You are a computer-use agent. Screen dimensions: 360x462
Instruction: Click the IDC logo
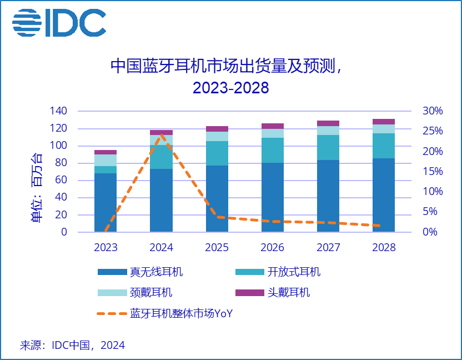coord(59,23)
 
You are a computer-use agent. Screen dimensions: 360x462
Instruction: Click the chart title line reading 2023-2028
coord(230,87)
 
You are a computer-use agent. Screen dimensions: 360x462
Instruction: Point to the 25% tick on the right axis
coord(433,131)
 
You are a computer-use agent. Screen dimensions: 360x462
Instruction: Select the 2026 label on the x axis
coord(272,247)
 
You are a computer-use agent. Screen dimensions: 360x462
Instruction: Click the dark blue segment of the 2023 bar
coord(106,202)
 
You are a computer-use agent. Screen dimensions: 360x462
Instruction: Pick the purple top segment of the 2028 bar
coord(383,122)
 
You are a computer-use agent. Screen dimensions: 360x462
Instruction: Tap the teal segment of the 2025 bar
coord(217,153)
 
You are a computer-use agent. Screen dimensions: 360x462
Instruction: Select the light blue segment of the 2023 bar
coord(106,160)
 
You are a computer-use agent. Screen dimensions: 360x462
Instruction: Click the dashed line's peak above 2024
coord(161,134)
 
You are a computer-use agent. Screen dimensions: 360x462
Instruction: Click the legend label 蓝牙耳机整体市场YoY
coord(181,313)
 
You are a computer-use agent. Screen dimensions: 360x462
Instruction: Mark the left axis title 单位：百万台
coord(36,187)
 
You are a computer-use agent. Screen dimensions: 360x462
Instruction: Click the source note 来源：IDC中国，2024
coord(72,345)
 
